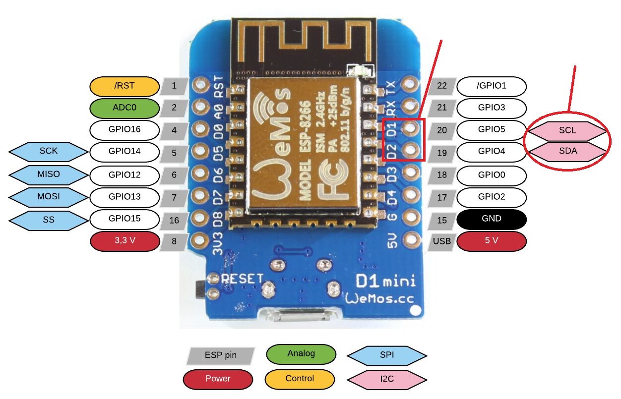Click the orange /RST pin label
click(x=124, y=86)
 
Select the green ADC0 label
click(x=124, y=108)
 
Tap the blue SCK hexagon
click(x=49, y=152)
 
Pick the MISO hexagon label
click(x=49, y=174)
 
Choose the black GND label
click(x=491, y=219)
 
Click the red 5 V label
click(x=491, y=241)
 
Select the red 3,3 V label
click(x=124, y=241)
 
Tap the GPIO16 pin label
click(x=124, y=130)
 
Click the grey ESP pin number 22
click(x=442, y=86)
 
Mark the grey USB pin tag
click(x=441, y=241)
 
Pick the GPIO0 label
click(x=491, y=175)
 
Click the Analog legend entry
click(x=301, y=354)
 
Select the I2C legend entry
click(x=387, y=379)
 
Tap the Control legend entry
click(x=300, y=379)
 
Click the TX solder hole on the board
click(x=411, y=84)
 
